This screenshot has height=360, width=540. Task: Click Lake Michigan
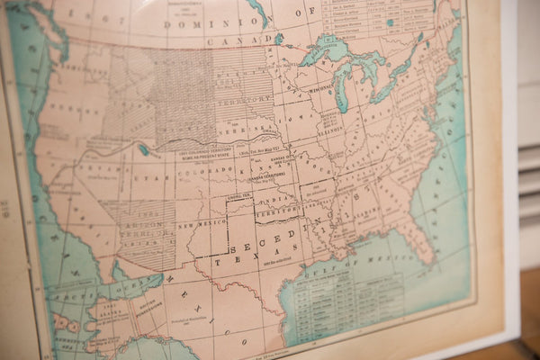(x=340, y=94)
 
